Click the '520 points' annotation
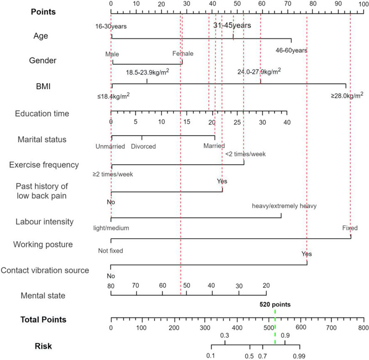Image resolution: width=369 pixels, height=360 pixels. click(275, 304)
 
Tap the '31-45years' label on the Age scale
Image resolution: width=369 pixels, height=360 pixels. click(232, 26)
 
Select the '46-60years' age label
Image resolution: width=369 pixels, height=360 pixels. click(292, 50)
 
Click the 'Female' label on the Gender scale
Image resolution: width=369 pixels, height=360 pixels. click(183, 54)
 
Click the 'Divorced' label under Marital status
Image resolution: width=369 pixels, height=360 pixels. click(143, 147)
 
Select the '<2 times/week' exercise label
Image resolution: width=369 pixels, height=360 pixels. click(245, 154)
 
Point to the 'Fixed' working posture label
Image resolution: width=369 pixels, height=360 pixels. click(350, 228)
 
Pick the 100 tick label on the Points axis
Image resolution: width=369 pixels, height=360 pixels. click(363, 4)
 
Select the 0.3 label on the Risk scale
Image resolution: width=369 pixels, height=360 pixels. click(225, 335)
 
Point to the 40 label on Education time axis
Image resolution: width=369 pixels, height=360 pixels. click(287, 122)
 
